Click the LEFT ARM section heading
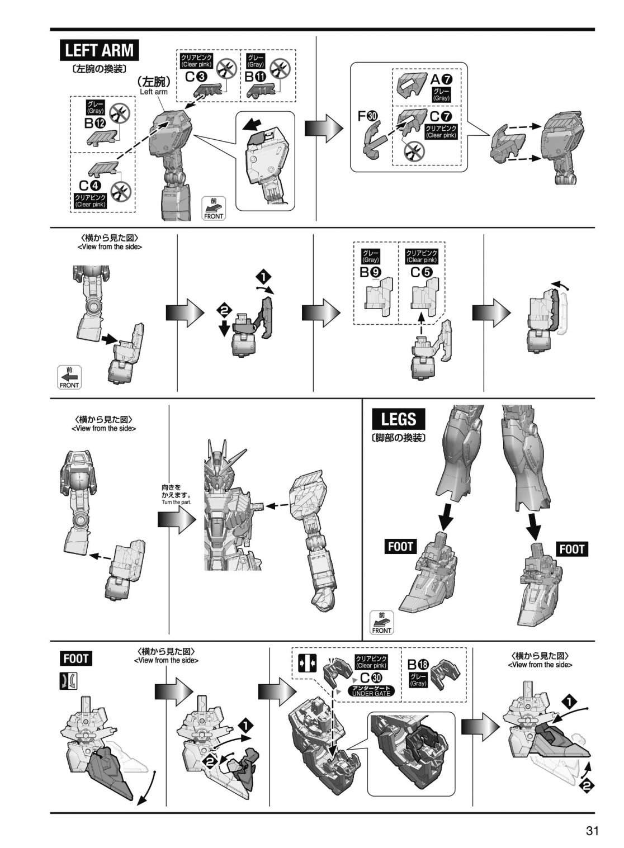(x=99, y=50)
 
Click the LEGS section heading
(x=398, y=419)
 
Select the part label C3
(x=196, y=77)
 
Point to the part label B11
(x=255, y=77)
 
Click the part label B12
(x=95, y=123)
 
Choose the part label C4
(x=90, y=186)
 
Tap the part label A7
(x=442, y=79)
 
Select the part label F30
(x=368, y=116)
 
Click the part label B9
(x=370, y=272)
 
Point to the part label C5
(x=421, y=272)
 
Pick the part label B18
(x=418, y=675)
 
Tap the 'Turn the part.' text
(x=177, y=502)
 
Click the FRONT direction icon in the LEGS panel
(x=382, y=622)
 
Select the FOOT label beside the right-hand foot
(x=572, y=548)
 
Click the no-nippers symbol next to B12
(x=119, y=113)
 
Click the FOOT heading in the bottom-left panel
(x=75, y=658)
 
